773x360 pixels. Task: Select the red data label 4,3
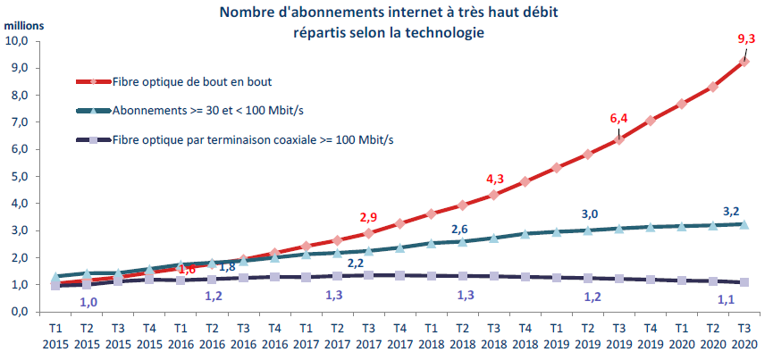click(x=495, y=179)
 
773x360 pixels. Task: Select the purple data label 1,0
click(x=89, y=302)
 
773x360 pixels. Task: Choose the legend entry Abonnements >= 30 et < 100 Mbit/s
click(x=210, y=110)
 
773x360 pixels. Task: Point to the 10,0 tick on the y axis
click(x=18, y=41)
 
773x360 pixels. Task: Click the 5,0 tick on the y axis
click(x=20, y=176)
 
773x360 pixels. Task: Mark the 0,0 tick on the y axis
click(x=20, y=312)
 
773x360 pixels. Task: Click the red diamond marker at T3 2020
click(x=744, y=62)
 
